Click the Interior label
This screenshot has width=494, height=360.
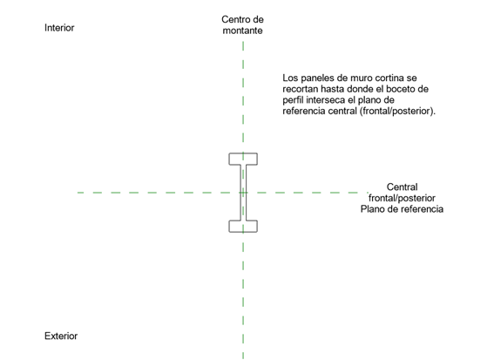pos(59,28)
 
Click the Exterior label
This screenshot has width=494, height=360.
pos(61,336)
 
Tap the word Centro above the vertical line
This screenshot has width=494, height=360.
pos(234,19)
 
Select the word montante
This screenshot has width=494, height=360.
pos(242,31)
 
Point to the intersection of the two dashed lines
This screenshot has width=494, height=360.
pos(243,193)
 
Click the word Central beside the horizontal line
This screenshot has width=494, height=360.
pos(402,187)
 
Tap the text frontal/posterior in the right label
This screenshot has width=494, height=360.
pos(402,198)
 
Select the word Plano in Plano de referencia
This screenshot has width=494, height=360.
pos(371,209)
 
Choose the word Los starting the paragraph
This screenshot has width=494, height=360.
pos(290,78)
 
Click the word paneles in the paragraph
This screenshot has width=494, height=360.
pos(315,78)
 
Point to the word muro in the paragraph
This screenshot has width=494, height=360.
pos(355,78)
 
